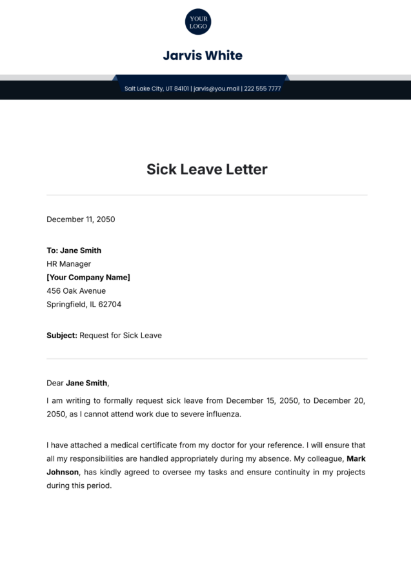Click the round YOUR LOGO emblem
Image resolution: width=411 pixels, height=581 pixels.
198,22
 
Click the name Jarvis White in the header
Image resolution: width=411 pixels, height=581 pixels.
203,56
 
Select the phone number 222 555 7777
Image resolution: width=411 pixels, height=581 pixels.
263,88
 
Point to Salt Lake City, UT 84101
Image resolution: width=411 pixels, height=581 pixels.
157,88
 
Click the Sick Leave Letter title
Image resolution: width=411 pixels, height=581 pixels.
206,170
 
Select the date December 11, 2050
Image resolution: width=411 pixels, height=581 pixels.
81,219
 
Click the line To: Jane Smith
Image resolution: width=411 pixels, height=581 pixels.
74,250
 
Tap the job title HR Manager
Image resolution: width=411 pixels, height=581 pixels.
68,264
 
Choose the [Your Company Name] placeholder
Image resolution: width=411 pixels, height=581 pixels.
88,278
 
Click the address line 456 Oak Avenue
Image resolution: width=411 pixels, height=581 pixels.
76,291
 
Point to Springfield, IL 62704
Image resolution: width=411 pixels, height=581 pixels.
84,305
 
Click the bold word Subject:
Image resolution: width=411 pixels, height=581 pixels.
62,336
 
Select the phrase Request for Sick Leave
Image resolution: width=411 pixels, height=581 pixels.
121,336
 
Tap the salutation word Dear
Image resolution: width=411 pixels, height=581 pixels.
55,383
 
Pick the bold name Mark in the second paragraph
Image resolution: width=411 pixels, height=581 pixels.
356,459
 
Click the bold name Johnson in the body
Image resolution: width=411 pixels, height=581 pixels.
63,473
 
